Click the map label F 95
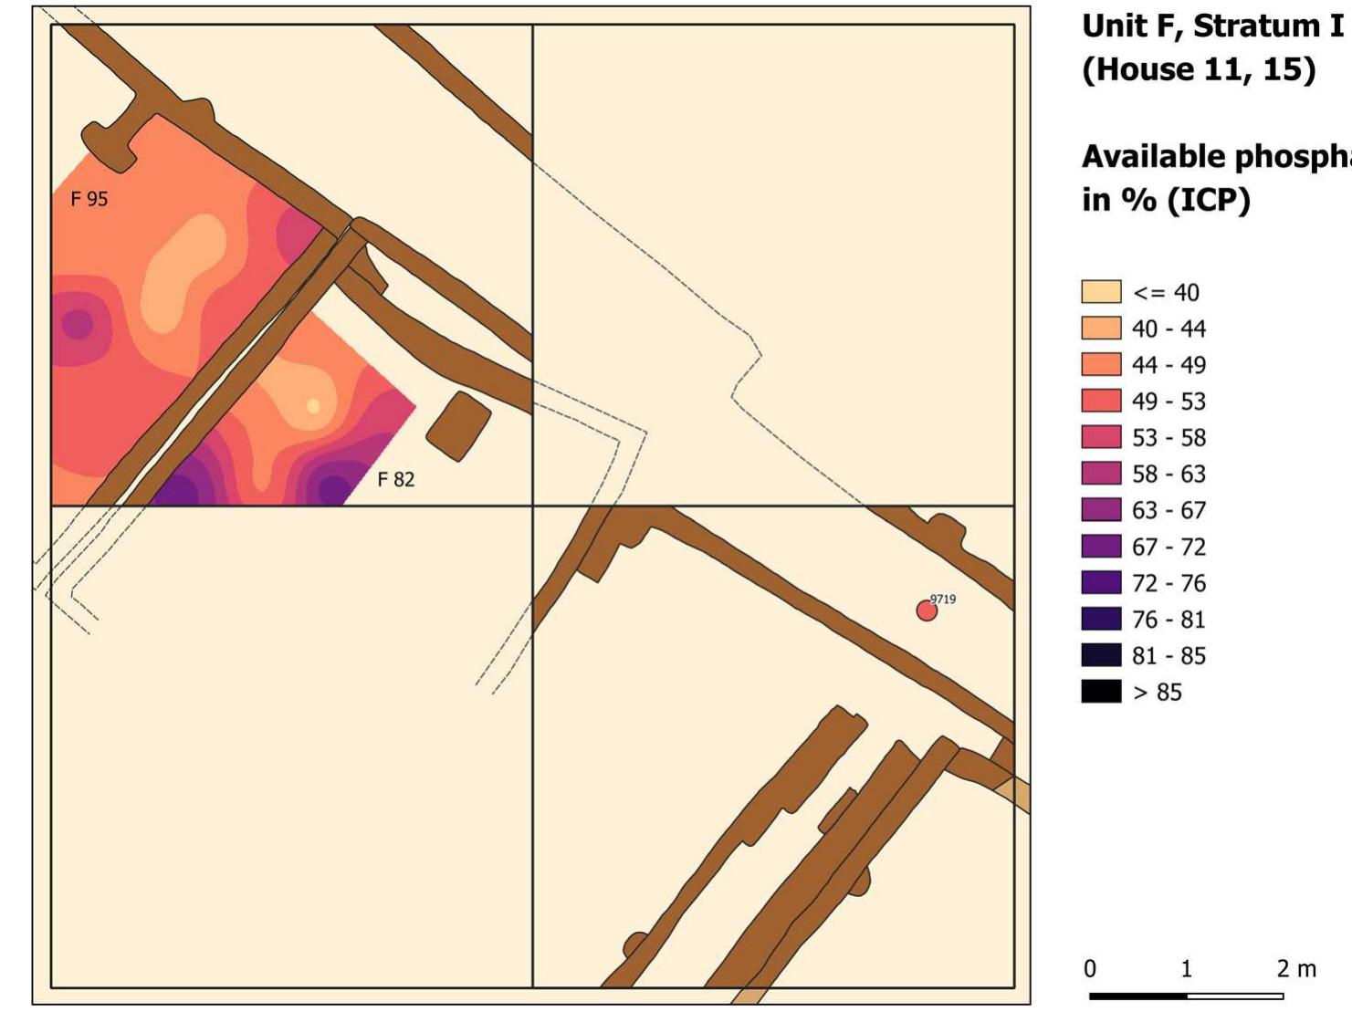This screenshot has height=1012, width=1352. (x=89, y=199)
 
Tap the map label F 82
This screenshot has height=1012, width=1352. (x=396, y=479)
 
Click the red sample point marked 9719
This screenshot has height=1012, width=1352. (x=927, y=610)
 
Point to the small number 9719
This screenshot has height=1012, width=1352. (x=943, y=600)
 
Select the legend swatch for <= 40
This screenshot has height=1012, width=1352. (x=1101, y=292)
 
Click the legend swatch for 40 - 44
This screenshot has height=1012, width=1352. (x=1101, y=329)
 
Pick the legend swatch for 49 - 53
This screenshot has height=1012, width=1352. (x=1101, y=401)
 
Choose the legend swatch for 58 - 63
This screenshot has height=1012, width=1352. (x=1101, y=474)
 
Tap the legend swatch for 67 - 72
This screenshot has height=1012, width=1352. (x=1101, y=546)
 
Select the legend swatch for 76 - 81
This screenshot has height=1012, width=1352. (x=1101, y=619)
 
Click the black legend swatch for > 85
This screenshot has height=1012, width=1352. (x=1101, y=691)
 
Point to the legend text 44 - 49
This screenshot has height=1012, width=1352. (x=1169, y=365)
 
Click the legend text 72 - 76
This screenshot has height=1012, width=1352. (x=1169, y=583)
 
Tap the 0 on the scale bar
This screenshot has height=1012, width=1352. (x=1090, y=968)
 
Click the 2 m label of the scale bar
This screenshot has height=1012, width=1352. (x=1296, y=968)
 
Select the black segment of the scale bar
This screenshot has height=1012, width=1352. (x=1138, y=996)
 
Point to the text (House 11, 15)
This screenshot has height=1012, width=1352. (x=1199, y=69)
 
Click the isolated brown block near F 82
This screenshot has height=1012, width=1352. (x=458, y=426)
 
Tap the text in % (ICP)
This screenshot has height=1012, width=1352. (x=1166, y=200)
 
